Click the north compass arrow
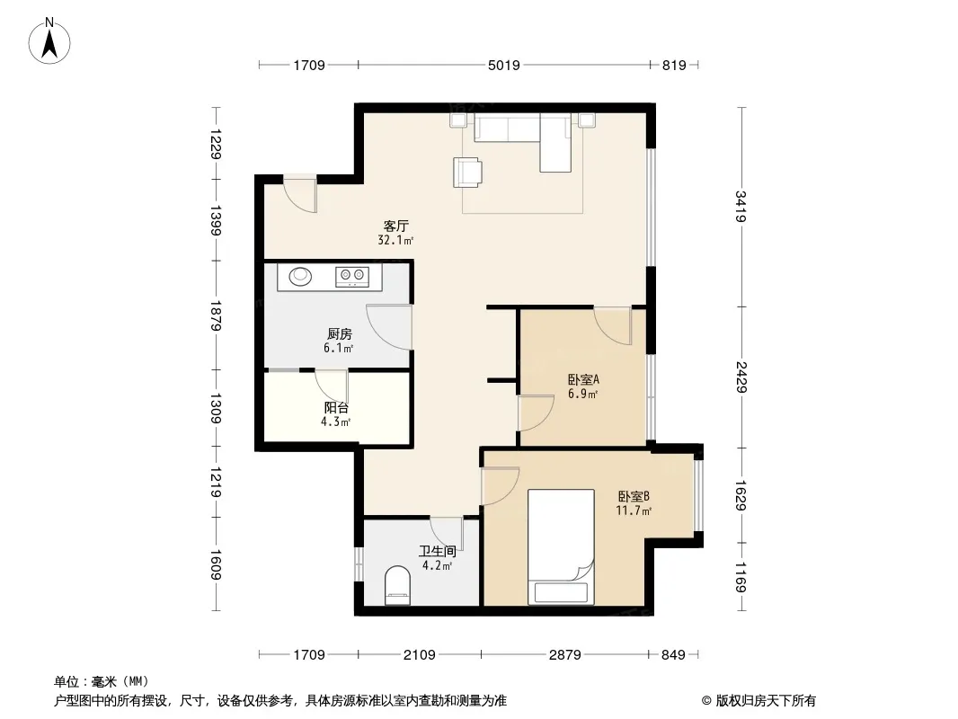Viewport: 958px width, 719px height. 49,43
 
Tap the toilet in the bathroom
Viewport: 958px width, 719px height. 398,585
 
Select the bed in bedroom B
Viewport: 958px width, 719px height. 561,546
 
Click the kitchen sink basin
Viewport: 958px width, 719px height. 300,276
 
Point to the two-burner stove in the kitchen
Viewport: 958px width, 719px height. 352,276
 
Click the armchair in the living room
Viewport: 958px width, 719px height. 467,172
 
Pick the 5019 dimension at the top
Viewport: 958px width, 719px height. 504,65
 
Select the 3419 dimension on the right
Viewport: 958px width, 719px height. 741,207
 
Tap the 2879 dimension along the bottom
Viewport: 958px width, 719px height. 564,655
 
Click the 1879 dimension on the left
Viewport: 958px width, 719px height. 215,315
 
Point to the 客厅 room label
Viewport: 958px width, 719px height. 396,226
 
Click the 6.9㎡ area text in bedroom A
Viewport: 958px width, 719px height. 583,394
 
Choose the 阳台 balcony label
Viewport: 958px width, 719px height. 336,407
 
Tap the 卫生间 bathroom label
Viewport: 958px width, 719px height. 438,551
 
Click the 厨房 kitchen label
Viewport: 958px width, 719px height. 339,333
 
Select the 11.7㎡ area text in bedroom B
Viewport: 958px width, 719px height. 634,510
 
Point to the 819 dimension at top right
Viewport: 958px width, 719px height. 674,65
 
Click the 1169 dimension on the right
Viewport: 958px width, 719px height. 741,577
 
